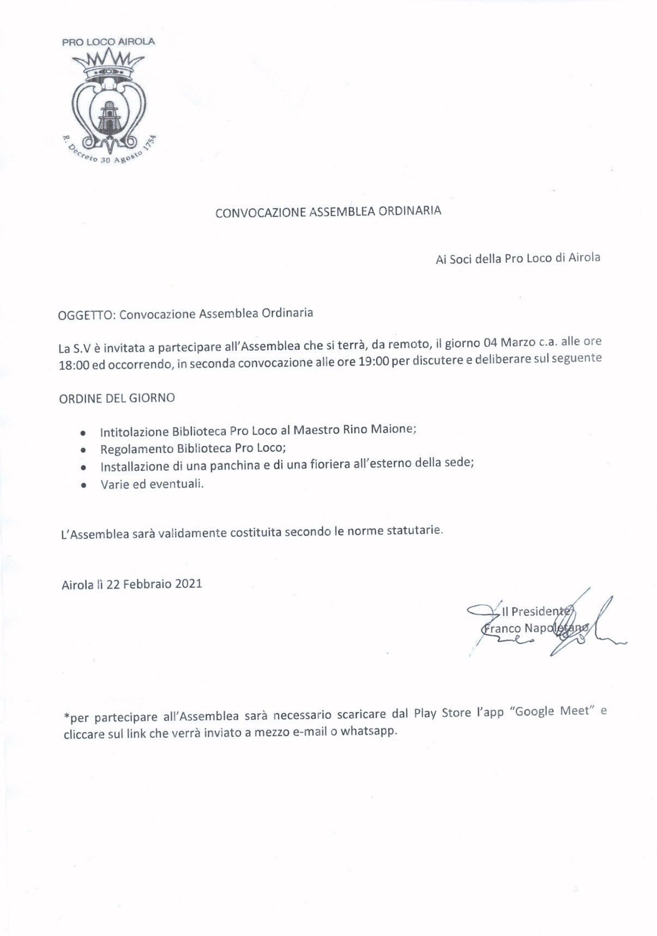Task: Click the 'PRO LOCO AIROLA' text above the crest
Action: pos(108,42)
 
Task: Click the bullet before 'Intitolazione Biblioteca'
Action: pos(82,434)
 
